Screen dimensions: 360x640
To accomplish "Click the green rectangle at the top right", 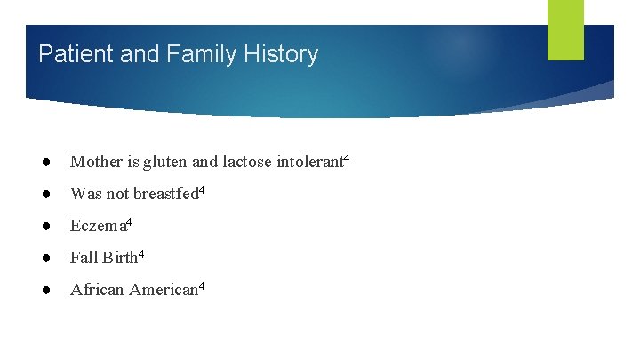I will [x=565, y=30].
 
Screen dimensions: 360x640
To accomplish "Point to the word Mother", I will [x=95, y=162].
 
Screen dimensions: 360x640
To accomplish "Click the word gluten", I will [x=162, y=162].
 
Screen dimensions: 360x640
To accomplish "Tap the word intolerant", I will [x=311, y=162].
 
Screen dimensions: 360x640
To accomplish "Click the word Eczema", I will [x=98, y=226].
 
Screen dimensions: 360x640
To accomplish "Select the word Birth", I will [x=120, y=258].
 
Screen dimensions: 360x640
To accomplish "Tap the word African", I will [x=98, y=290].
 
